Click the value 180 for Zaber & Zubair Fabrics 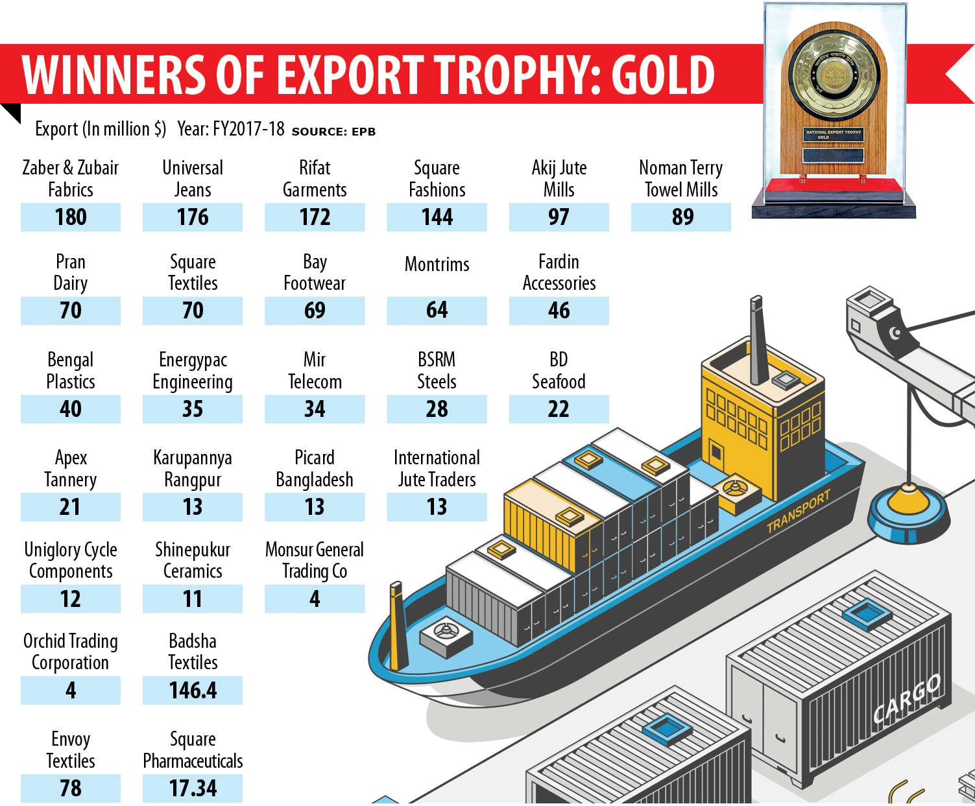tap(71, 217)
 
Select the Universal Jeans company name tap(193, 178)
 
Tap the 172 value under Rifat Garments tap(315, 217)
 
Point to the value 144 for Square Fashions tap(437, 217)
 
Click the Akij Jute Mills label tap(559, 178)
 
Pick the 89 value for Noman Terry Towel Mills tap(682, 217)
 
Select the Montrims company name tap(437, 265)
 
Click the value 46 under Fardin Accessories tap(559, 311)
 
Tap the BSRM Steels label tap(437, 370)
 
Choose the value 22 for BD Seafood tap(559, 409)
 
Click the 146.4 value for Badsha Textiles tap(193, 691)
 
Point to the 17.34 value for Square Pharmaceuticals tap(193, 788)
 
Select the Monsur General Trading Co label tap(315, 560)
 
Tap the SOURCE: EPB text tap(333, 132)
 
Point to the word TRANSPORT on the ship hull tap(798, 512)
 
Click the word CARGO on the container tap(906, 698)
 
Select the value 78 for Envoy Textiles tap(71, 788)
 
